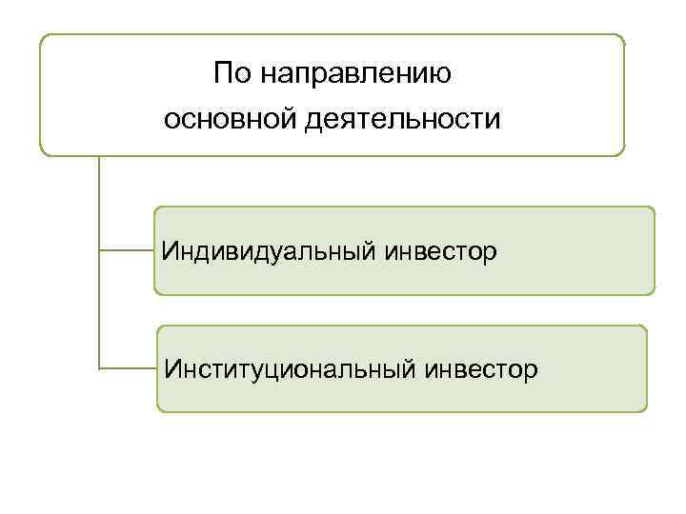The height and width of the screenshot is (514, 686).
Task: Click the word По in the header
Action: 232,72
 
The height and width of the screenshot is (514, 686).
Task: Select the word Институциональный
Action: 283,367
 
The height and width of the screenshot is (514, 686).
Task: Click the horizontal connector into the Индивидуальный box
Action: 127,251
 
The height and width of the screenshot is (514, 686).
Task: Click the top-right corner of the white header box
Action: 623,37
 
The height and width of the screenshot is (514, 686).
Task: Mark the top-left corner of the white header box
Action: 42,37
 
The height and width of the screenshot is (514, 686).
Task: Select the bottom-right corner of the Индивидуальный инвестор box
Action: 654,292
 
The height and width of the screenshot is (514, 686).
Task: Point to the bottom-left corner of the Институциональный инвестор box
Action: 159,409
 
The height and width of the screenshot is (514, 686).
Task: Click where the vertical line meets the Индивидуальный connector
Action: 99,251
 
